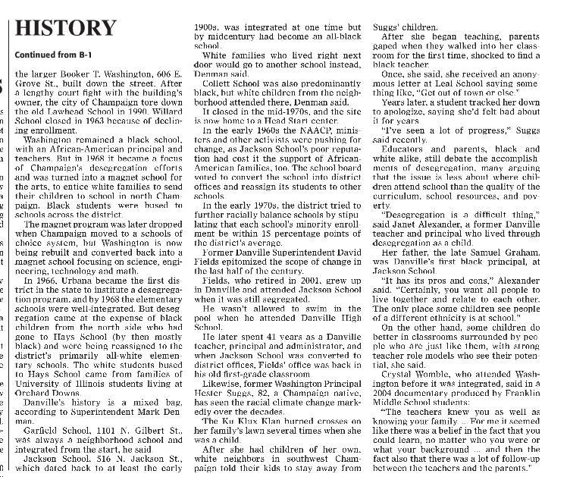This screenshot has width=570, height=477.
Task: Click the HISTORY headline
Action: tap(66, 28)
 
